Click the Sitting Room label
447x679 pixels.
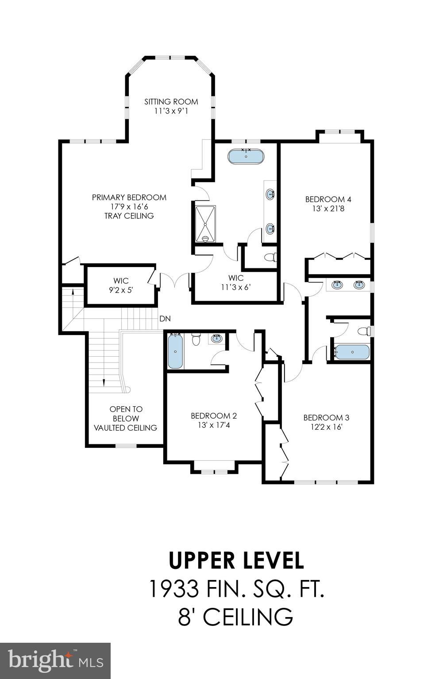(171, 102)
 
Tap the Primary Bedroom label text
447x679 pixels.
(129, 198)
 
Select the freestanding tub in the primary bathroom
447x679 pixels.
(246, 156)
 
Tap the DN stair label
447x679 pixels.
(165, 319)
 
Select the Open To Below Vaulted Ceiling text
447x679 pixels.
(126, 418)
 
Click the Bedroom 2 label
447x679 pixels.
(213, 416)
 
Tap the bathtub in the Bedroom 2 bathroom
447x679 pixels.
(175, 351)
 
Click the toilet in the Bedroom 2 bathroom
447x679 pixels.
(197, 339)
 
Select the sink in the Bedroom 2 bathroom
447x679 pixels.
(216, 339)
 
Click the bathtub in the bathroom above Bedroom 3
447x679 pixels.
(352, 352)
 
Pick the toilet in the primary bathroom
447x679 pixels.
(270, 257)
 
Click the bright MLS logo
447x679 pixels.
(55, 661)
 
